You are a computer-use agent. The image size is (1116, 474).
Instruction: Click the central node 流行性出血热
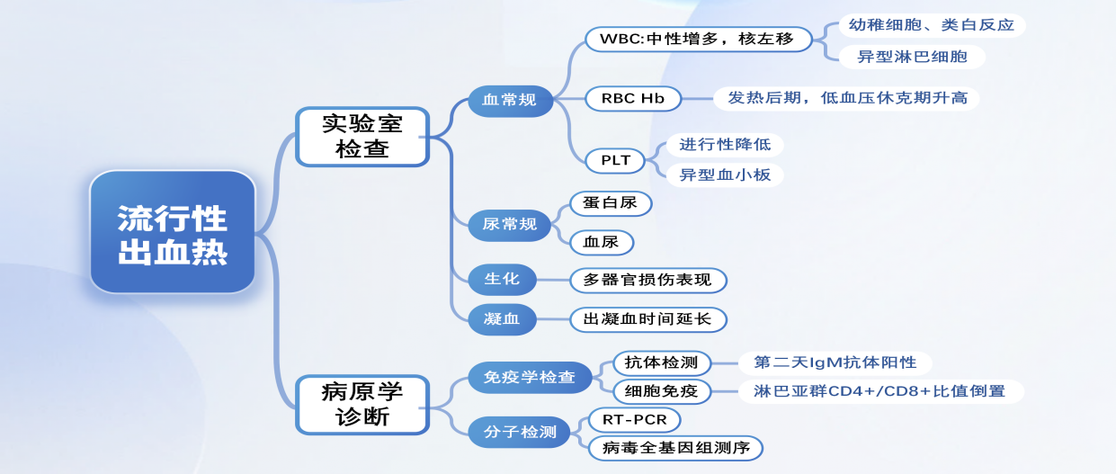click(x=173, y=232)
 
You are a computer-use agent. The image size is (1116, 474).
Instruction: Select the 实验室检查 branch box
click(x=362, y=137)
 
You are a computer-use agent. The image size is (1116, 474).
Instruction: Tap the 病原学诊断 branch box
click(x=362, y=405)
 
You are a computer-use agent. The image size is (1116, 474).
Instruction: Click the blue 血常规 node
click(x=509, y=100)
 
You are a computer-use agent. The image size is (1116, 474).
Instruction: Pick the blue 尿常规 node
click(x=509, y=224)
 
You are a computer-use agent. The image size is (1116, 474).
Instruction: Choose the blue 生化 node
click(x=502, y=279)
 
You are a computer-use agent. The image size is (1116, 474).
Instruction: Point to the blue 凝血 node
click(x=502, y=318)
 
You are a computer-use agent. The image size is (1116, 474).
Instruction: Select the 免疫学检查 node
click(x=530, y=377)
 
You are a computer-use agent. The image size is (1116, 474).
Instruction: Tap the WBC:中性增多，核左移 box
click(x=698, y=40)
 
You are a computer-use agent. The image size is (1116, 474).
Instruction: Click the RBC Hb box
click(x=632, y=99)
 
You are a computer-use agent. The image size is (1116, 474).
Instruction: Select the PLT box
click(x=615, y=161)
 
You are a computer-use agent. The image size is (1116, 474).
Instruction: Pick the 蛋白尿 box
click(x=610, y=203)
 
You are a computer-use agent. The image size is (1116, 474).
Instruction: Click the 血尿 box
click(x=601, y=242)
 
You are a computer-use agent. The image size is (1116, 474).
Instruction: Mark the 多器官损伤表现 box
click(x=647, y=280)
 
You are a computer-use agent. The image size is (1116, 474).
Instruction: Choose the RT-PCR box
click(x=634, y=419)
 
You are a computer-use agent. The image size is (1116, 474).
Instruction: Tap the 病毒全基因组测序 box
click(x=675, y=448)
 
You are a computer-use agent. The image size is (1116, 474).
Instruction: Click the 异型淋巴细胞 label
click(x=912, y=57)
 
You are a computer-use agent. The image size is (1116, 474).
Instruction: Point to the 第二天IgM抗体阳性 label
click(x=835, y=362)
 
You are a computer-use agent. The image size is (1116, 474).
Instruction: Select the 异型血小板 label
click(x=725, y=175)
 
